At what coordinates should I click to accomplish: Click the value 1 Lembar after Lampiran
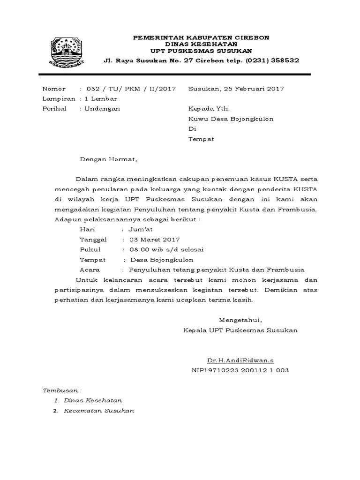(x=100, y=98)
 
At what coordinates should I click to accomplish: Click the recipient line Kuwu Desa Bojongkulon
(x=231, y=119)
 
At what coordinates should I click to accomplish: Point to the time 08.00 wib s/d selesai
(x=166, y=249)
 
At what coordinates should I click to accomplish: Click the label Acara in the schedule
(x=90, y=270)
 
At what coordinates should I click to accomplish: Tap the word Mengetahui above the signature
(x=240, y=320)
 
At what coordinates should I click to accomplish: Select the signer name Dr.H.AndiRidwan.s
(x=240, y=360)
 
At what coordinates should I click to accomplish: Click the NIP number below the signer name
(x=240, y=370)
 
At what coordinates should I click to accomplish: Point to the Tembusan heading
(x=62, y=390)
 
